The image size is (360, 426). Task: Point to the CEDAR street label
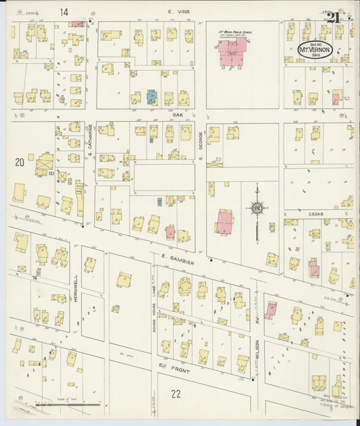(x=316, y=214)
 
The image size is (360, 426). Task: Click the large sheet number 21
(x=332, y=18)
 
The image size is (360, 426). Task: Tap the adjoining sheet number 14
(x=64, y=11)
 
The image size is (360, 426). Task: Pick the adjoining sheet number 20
(x=20, y=161)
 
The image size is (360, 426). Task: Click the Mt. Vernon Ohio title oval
(x=315, y=50)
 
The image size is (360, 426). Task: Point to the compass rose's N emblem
(x=257, y=209)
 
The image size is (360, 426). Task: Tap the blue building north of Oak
(x=152, y=97)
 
